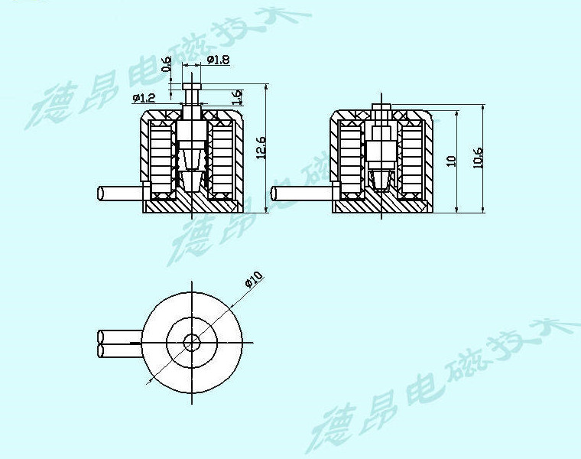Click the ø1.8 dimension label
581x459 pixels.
(x=218, y=60)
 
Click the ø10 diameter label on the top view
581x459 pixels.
(x=254, y=280)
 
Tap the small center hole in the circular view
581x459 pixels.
(x=192, y=342)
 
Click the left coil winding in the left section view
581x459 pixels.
(x=162, y=158)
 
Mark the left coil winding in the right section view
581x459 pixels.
(x=352, y=159)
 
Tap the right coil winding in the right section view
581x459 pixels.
(x=412, y=159)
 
